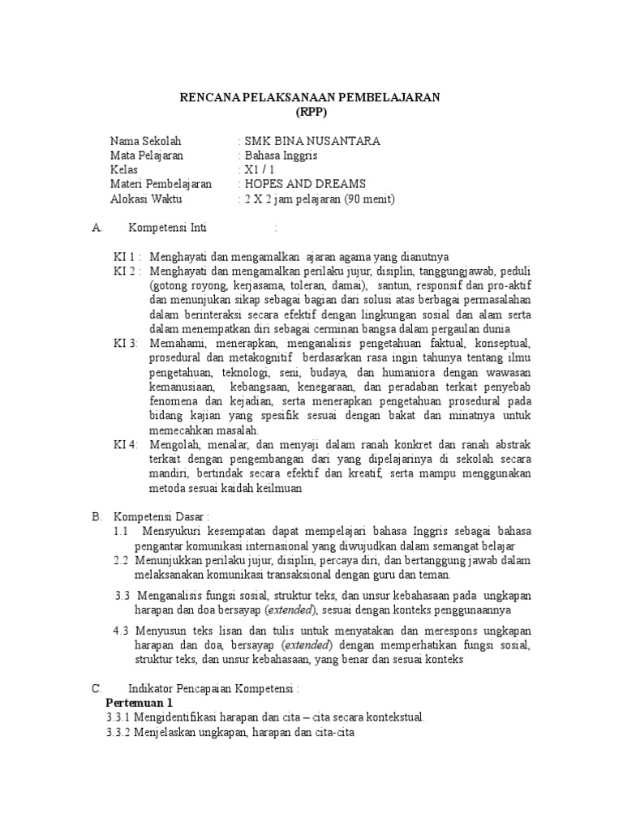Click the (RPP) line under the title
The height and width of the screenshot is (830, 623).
tap(309, 112)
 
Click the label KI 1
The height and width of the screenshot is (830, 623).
tap(126, 257)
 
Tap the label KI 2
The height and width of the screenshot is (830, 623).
tap(126, 271)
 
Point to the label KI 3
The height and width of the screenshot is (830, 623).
tap(126, 344)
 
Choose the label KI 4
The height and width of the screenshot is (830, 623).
tap(126, 445)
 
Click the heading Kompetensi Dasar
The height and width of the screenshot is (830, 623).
tap(162, 517)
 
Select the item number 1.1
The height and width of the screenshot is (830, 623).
tap(122, 532)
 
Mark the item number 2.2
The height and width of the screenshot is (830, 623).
tap(122, 560)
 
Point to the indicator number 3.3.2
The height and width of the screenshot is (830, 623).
tap(121, 732)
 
